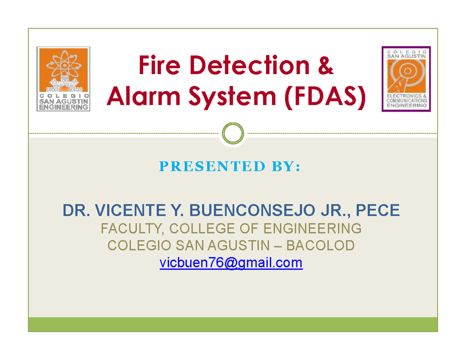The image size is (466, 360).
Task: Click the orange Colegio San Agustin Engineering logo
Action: [63, 79]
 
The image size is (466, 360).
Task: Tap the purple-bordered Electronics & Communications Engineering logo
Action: [406, 79]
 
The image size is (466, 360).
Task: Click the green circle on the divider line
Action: [233, 134]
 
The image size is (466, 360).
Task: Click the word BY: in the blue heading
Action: [286, 167]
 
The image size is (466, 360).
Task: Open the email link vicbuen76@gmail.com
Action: [231, 263]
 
